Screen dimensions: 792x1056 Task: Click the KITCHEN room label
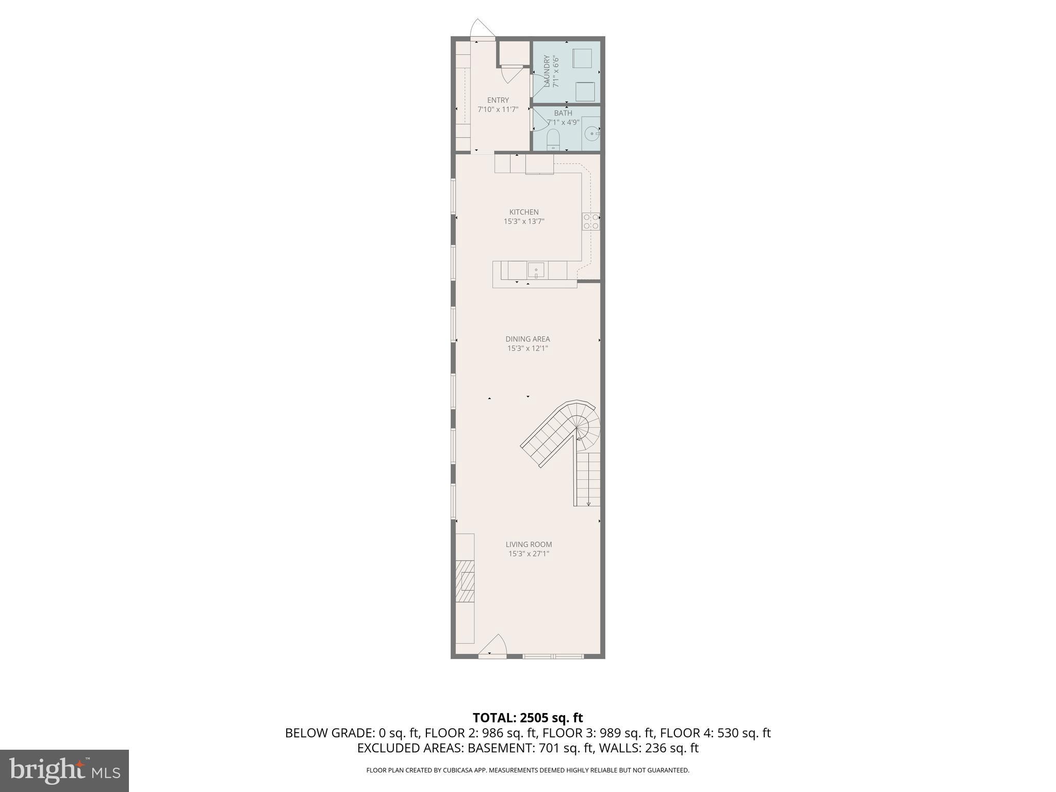(x=524, y=212)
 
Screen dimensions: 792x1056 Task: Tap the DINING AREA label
(x=527, y=339)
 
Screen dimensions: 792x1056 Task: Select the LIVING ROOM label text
(x=529, y=544)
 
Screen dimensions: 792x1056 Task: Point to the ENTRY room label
(x=498, y=100)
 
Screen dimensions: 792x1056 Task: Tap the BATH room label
(x=563, y=113)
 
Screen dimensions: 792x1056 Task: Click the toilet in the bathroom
(x=553, y=140)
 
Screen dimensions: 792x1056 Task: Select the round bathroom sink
(x=591, y=134)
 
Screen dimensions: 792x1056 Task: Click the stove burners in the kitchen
(x=591, y=221)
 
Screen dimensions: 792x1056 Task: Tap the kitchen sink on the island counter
(x=536, y=270)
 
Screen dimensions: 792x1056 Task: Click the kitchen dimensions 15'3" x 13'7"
(x=524, y=221)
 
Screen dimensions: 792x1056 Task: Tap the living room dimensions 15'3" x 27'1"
(x=529, y=554)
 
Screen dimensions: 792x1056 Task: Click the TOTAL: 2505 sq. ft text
(x=527, y=718)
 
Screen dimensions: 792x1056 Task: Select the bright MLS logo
(x=64, y=770)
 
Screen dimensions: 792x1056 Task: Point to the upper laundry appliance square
(x=582, y=58)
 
